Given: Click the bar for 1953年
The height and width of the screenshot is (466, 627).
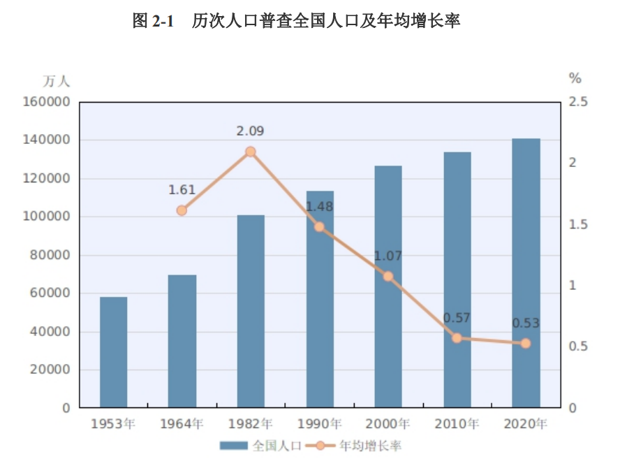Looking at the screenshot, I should pyautogui.click(x=113, y=352).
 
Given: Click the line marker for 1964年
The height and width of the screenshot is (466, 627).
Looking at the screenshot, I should pyautogui.click(x=182, y=210).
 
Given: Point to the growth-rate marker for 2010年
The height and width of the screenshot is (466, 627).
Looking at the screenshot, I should pyautogui.click(x=457, y=338).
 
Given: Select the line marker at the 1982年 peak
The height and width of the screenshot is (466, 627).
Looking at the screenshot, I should pyautogui.click(x=251, y=152).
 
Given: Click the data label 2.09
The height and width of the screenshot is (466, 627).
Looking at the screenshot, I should pyautogui.click(x=251, y=131).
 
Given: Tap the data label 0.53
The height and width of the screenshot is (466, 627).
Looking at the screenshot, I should pyautogui.click(x=526, y=323).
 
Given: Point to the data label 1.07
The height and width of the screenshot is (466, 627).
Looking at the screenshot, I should pyautogui.click(x=388, y=256).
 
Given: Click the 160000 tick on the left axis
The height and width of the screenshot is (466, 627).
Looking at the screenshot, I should pyautogui.click(x=47, y=102).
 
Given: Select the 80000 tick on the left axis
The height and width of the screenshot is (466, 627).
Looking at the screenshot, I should pyautogui.click(x=50, y=255).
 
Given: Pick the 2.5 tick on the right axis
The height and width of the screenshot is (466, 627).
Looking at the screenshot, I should pyautogui.click(x=579, y=102).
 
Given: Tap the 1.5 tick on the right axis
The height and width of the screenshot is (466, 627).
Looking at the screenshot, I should pyautogui.click(x=579, y=224).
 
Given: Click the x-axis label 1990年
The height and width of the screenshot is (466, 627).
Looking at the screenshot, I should pyautogui.click(x=320, y=423).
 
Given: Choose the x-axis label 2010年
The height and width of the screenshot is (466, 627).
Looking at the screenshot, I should pyautogui.click(x=457, y=423).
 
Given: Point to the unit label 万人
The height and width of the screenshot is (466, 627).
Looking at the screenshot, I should pyautogui.click(x=57, y=81).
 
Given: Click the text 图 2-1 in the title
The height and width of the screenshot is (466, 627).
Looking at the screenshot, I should pyautogui.click(x=152, y=22).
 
